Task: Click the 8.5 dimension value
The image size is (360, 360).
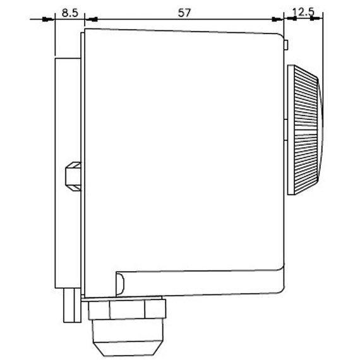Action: pos(70,13)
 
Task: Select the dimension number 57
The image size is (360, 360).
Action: pos(184,13)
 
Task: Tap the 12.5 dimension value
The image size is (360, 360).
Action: pos(303,12)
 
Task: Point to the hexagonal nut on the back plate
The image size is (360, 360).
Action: pos(73,176)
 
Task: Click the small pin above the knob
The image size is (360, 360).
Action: pos(286,45)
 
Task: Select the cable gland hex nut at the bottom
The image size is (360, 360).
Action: pos(127,309)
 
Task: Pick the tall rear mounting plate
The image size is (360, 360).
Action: pos(68,173)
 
